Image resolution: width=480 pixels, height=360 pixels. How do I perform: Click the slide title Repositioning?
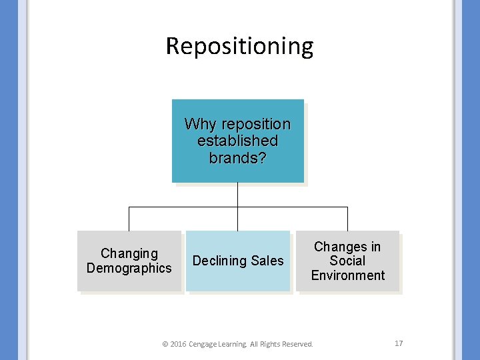(239, 47)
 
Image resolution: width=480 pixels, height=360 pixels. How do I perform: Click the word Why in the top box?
(199, 125)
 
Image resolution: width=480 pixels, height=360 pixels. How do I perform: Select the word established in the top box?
(238, 141)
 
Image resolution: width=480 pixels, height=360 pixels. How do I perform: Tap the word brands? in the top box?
(237, 158)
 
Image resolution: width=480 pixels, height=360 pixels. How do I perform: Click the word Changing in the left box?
(129, 253)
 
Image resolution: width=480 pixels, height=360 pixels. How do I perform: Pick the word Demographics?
(129, 268)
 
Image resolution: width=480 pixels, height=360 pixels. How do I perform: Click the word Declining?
(219, 261)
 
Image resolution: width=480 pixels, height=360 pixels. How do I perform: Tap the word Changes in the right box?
(339, 247)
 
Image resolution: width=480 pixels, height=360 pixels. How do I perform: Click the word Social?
(347, 261)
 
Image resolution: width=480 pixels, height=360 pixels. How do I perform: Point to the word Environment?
(347, 275)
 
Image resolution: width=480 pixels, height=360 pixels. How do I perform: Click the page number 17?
(399, 343)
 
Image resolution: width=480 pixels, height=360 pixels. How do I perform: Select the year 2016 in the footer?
(179, 344)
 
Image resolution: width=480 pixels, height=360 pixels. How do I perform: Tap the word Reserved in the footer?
(296, 344)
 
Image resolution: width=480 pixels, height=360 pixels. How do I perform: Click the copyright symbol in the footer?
(165, 344)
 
